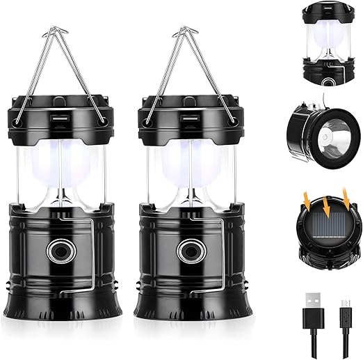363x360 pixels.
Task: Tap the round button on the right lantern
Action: [186, 250]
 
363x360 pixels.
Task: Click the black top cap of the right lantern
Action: [186, 114]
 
